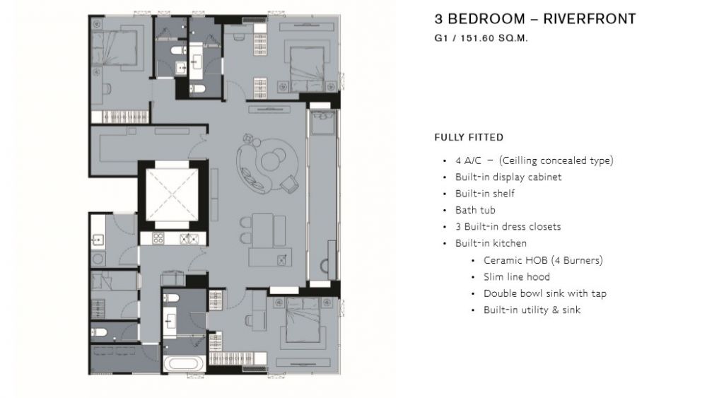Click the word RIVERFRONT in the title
(x=590, y=19)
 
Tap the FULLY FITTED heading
(x=469, y=137)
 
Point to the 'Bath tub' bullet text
(x=475, y=210)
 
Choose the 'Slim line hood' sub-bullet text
(x=517, y=276)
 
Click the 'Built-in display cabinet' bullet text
(x=508, y=177)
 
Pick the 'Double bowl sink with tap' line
(x=545, y=293)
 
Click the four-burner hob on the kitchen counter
(x=158, y=238)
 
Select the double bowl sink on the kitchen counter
(x=189, y=239)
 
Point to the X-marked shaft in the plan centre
(x=172, y=194)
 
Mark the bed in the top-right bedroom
(x=307, y=69)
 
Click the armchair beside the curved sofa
(x=288, y=184)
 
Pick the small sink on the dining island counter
(x=282, y=259)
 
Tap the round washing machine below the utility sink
(x=98, y=259)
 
